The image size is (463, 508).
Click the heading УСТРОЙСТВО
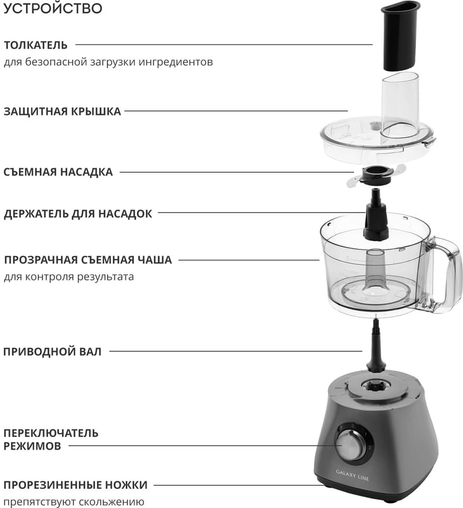point(53,8)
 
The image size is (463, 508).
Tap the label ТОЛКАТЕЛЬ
point(36,45)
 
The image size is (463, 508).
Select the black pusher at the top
point(401,36)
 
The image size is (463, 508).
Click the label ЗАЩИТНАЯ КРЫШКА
point(62,112)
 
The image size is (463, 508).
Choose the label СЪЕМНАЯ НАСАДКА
point(58,172)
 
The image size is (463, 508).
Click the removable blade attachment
point(376,175)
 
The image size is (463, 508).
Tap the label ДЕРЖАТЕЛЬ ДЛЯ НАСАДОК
point(78,214)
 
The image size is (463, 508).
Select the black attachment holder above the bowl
point(375,215)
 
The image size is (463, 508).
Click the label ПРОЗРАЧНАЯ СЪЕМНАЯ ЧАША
point(88,260)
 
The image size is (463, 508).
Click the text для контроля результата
point(69,277)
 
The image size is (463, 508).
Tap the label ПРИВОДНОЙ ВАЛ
point(53,352)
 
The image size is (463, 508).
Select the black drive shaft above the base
point(375,345)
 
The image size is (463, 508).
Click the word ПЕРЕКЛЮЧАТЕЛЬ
point(51,433)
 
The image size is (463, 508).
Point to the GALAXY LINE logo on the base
point(353,475)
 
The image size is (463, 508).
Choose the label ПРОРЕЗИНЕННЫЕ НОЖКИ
point(75,485)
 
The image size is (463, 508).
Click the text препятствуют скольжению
point(74,502)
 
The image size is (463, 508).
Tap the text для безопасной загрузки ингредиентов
point(108,62)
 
